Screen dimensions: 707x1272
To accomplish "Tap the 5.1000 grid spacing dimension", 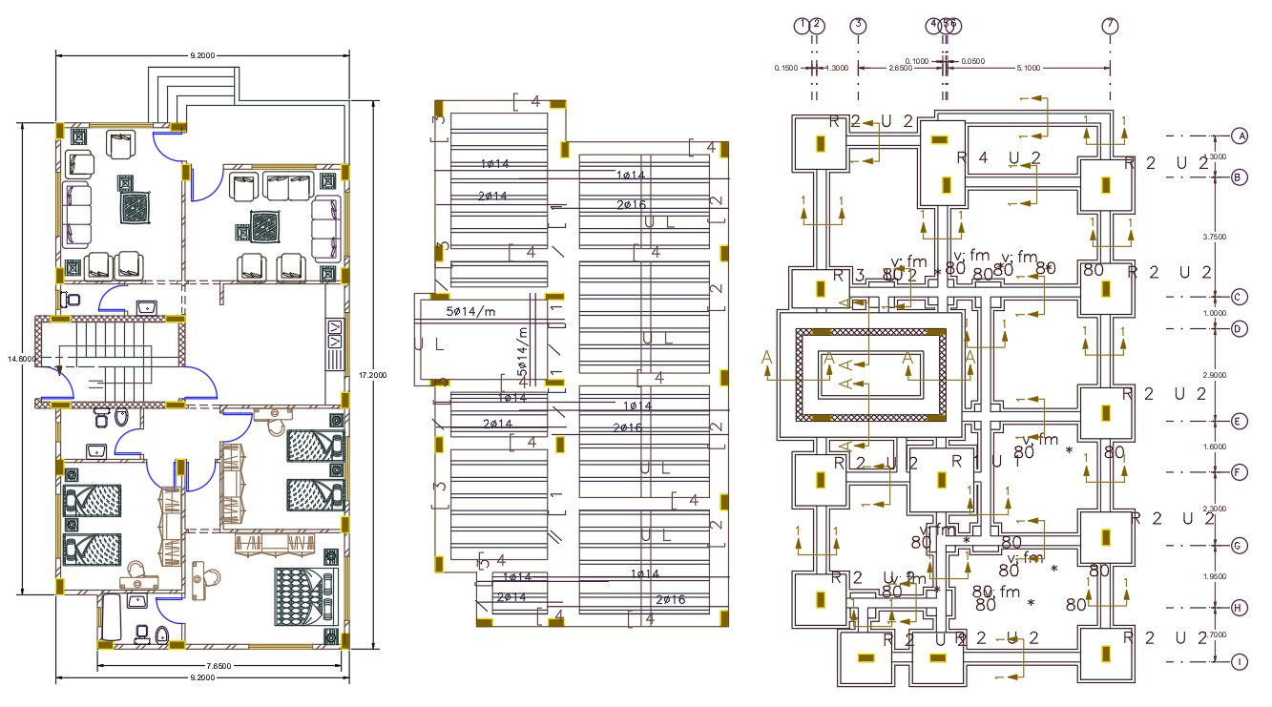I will click(1030, 68).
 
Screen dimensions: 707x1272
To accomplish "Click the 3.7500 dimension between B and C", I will click(1215, 237).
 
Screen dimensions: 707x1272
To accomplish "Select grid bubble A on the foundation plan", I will click(1240, 135).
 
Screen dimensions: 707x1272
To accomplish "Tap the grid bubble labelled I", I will click(1240, 661).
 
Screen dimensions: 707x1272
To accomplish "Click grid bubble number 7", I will click(1109, 26).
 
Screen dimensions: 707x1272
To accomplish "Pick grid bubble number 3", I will click(858, 26).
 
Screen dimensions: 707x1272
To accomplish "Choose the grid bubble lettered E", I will click(1240, 421).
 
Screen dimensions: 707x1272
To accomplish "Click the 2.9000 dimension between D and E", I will click(1215, 375).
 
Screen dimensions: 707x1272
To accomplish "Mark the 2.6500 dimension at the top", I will click(899, 68).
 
